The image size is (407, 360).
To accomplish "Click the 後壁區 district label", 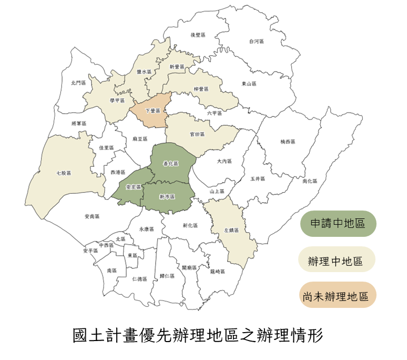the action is pos(198,35).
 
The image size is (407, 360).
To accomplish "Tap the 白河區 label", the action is pos(257,41).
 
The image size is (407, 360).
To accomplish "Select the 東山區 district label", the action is pos(249,84).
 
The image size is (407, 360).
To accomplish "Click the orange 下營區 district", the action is pos(152,111).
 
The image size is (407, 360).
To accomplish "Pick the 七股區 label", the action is pos(63,173).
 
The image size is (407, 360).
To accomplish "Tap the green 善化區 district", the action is pos(171,164).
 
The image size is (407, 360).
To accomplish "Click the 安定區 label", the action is pos(134,187).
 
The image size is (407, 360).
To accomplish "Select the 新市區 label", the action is pos(167,196).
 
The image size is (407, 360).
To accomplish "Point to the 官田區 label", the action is pos(197,134).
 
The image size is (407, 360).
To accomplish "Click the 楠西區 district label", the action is pos(288,142).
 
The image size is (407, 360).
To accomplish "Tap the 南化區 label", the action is pos(310,181).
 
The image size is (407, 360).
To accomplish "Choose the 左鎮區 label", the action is pos(232,230).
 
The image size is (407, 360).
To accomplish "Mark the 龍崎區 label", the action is pos(217,272).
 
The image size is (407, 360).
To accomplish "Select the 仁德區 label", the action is pos(139,278).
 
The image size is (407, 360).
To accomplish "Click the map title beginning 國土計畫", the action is pos(198,335).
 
